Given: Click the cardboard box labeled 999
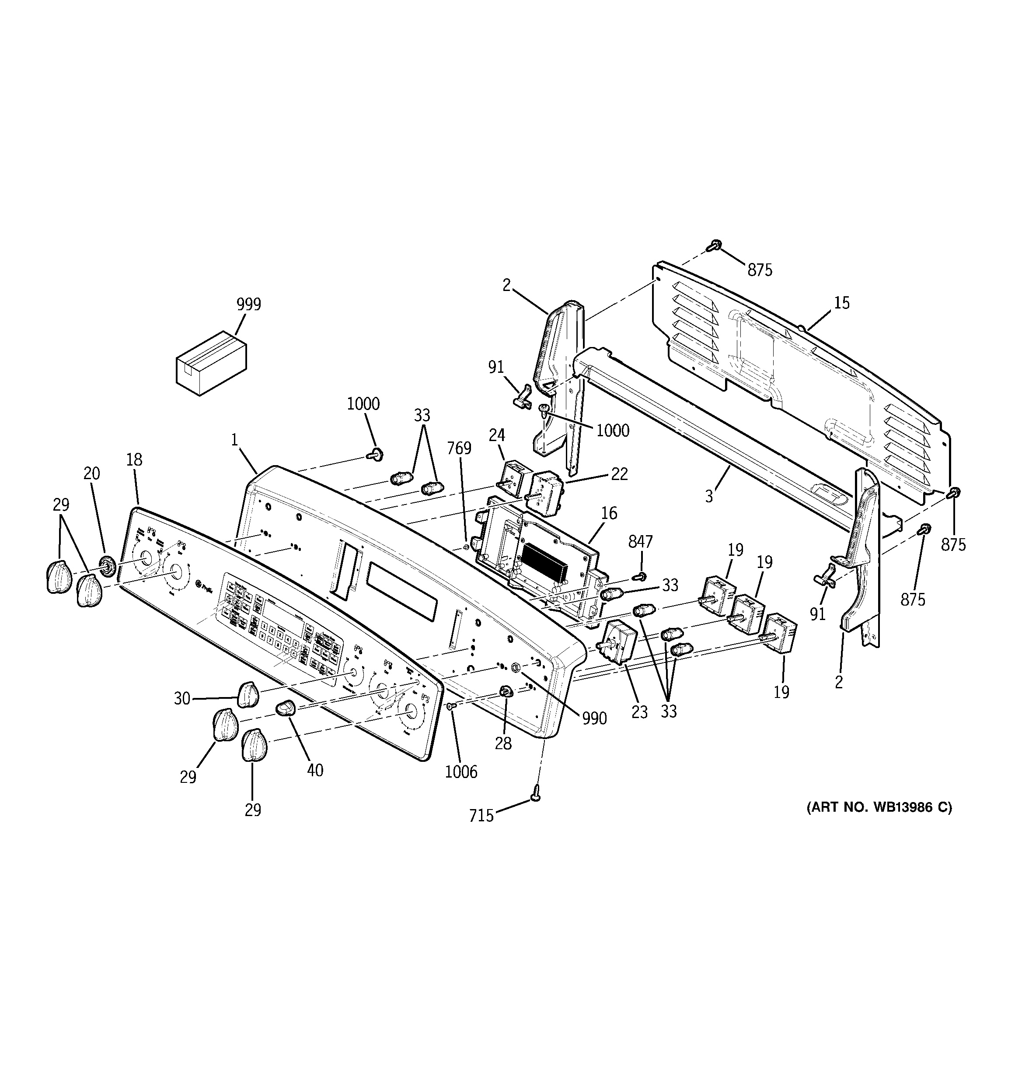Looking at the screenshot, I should pyautogui.click(x=211, y=363).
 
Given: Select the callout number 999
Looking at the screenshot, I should pyautogui.click(x=248, y=304).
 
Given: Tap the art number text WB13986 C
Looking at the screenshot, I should pyautogui.click(x=879, y=807).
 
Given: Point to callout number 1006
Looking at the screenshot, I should pyautogui.click(x=460, y=771).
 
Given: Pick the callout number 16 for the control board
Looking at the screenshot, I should pyautogui.click(x=609, y=513).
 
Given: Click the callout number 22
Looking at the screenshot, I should pyautogui.click(x=619, y=474).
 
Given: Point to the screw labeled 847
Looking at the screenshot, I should pyautogui.click(x=642, y=576).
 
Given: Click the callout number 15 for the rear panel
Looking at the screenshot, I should pyautogui.click(x=842, y=303).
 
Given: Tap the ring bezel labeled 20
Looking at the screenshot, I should pyautogui.click(x=107, y=566).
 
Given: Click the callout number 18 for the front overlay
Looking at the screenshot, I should pyautogui.click(x=134, y=460).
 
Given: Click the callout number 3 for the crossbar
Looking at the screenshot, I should pyautogui.click(x=709, y=496).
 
